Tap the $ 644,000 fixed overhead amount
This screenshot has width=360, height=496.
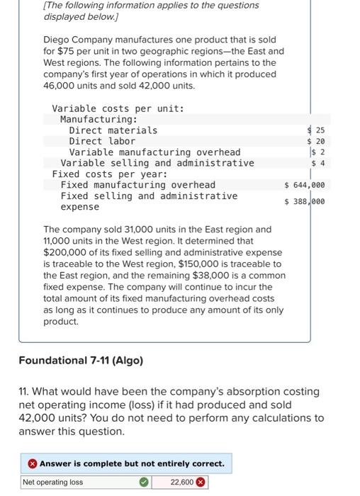(304, 185)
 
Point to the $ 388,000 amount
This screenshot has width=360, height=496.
(304, 201)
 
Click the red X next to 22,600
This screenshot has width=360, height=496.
(201, 483)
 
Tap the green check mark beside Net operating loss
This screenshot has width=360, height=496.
(144, 483)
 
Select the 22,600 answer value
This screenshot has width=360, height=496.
(181, 483)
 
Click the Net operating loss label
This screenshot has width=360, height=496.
(52, 483)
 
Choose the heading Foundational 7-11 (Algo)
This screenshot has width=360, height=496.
(81, 361)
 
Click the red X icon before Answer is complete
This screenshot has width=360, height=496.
(32, 464)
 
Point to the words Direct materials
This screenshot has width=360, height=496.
(113, 130)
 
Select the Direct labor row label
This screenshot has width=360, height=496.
(102, 141)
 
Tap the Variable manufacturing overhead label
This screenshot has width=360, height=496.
(154, 152)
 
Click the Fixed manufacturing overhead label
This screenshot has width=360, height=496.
(138, 185)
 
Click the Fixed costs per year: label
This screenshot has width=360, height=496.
(110, 174)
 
